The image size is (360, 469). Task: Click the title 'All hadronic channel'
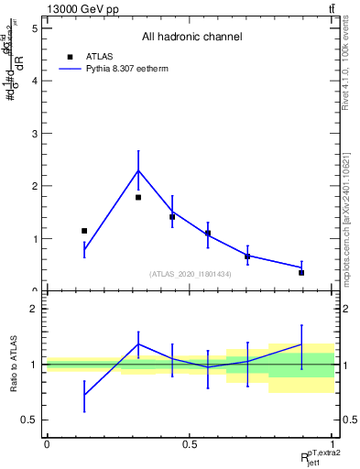tap(191, 37)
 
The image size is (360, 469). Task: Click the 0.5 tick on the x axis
tap(189, 444)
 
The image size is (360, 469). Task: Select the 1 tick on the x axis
tap(331, 444)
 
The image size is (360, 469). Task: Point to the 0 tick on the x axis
tap(47, 444)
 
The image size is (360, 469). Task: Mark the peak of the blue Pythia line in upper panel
tap(138, 170)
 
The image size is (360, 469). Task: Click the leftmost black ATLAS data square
tap(84, 231)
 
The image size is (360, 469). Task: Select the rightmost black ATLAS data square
tap(301, 272)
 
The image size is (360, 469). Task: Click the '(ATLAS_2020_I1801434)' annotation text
tap(191, 274)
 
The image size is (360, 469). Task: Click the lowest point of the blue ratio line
tap(84, 395)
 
